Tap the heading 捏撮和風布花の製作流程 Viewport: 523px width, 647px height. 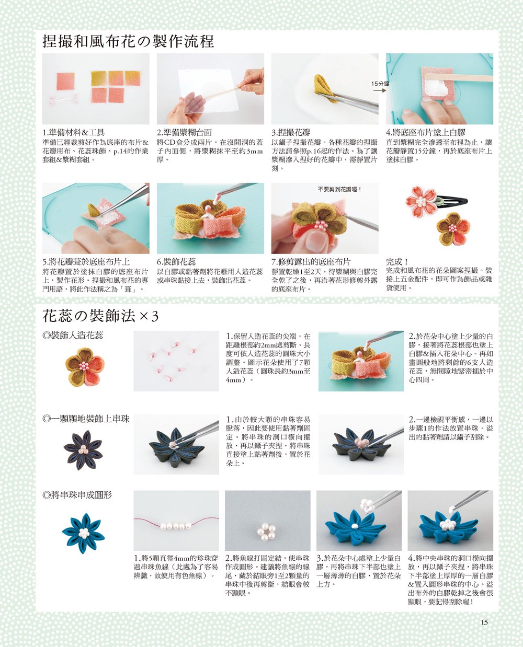click(x=128, y=41)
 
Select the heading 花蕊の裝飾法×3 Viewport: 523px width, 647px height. click(x=100, y=316)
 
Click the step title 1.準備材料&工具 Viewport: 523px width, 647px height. click(x=74, y=132)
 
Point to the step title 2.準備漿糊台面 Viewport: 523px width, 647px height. click(x=185, y=132)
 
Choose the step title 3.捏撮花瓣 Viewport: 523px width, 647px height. click(x=291, y=132)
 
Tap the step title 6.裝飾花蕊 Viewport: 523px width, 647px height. click(x=176, y=262)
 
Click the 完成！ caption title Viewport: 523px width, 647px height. click(x=397, y=262)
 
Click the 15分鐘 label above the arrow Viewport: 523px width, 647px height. click(x=380, y=84)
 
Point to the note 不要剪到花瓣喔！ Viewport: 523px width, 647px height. click(x=340, y=189)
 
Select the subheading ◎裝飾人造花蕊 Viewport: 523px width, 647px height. click(x=73, y=336)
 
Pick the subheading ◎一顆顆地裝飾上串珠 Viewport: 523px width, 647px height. click(x=86, y=419)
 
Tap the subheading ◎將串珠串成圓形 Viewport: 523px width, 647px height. click(x=77, y=495)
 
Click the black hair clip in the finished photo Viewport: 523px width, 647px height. click(x=453, y=201)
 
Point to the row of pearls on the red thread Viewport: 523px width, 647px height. click(x=176, y=526)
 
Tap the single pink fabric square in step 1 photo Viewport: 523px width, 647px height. click(x=65, y=82)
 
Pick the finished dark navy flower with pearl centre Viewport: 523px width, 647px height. click(x=83, y=450)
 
